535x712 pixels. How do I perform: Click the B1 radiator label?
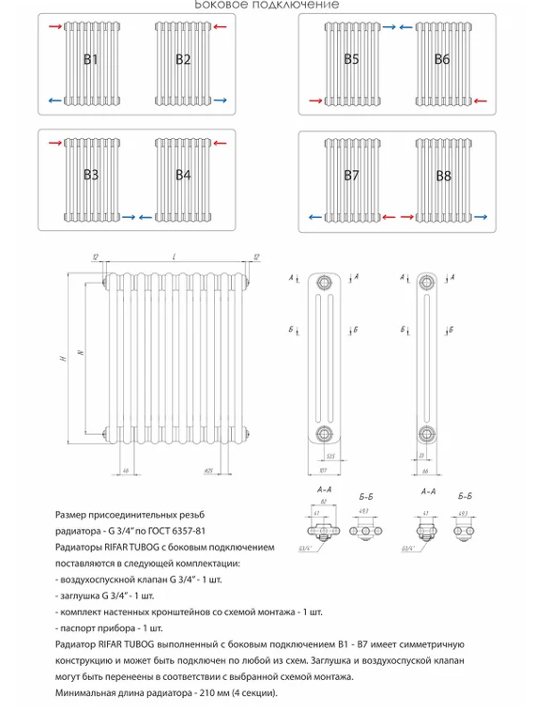point(91,60)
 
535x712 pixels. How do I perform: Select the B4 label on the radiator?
point(183,175)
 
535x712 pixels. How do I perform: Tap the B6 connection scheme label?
point(443,60)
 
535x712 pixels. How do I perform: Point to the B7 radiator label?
point(351,176)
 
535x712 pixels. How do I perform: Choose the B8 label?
point(443,176)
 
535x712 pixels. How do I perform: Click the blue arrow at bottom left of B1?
point(53,99)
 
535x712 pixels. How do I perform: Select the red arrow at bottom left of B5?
point(313,99)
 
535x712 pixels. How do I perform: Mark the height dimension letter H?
point(59,359)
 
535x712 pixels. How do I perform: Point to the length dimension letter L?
point(175,256)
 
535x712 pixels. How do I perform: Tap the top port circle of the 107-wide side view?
point(324,283)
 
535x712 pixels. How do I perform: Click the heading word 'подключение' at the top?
point(299,5)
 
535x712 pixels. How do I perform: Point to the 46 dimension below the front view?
point(124,469)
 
